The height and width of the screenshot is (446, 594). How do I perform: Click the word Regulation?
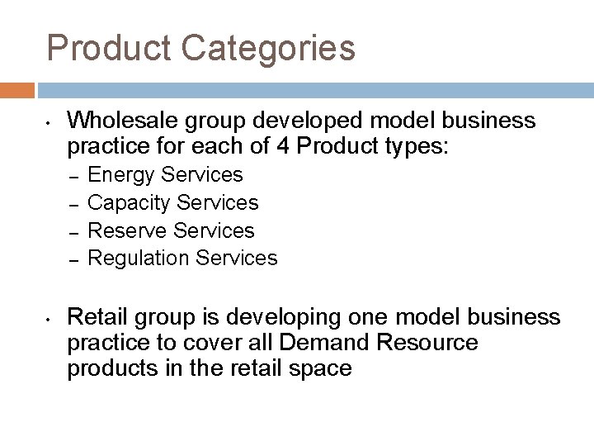pyautogui.click(x=138, y=258)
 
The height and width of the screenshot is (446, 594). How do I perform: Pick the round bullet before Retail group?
pyautogui.click(x=49, y=319)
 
